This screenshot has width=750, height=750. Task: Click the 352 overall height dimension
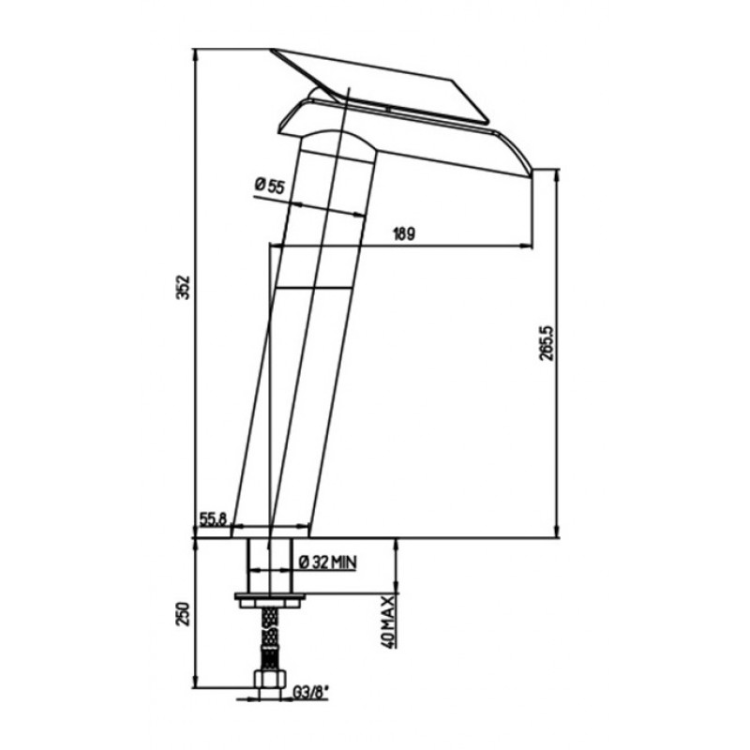(x=184, y=288)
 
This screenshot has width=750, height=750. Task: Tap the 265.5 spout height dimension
(x=547, y=343)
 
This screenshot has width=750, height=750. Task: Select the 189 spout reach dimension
(x=404, y=234)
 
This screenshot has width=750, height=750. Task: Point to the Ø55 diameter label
(x=270, y=185)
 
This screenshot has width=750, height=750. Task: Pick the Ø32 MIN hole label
(x=328, y=562)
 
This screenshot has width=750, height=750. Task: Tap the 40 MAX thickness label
(x=389, y=622)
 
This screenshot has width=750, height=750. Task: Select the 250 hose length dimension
(x=184, y=614)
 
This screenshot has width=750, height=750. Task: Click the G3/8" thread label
(x=309, y=692)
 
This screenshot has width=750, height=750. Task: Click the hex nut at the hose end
(x=270, y=679)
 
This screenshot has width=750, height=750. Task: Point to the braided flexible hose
(x=270, y=638)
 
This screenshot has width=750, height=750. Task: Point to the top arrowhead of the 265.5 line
(x=556, y=175)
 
